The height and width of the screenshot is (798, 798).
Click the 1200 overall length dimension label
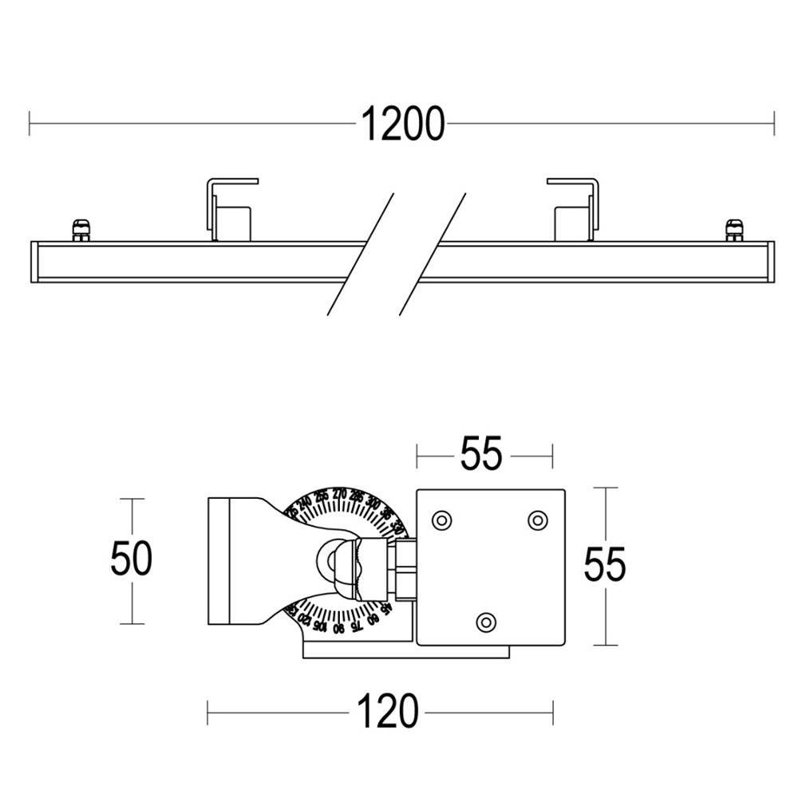click(402, 124)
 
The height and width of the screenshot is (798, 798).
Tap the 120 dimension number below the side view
click(386, 711)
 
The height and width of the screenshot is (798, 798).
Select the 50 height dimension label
click(131, 559)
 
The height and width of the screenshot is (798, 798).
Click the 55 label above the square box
click(481, 455)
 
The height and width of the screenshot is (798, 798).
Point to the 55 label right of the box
click(604, 566)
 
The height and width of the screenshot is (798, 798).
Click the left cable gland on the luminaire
click(81, 230)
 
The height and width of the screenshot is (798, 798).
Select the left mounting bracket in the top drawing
click(231, 209)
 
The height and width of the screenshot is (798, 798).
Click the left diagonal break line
click(361, 254)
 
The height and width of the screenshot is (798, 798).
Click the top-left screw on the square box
click(440, 520)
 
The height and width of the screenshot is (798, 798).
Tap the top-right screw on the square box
click(537, 520)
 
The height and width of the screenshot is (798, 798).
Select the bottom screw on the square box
click(485, 621)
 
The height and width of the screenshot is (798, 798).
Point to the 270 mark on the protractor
click(339, 492)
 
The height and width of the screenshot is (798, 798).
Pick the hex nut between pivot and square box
click(403, 567)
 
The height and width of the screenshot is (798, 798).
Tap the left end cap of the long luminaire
click(34, 261)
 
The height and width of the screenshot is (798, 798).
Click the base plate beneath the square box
click(405, 652)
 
